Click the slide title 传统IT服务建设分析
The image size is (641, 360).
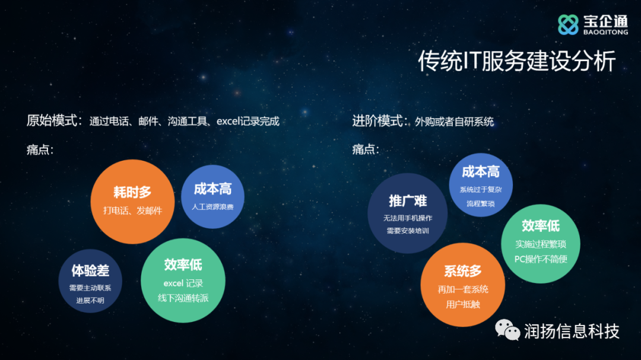tap(517, 61)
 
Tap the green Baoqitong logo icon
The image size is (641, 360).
tap(568, 24)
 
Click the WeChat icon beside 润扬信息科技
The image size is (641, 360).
tap(507, 329)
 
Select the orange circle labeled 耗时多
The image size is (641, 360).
tap(132, 202)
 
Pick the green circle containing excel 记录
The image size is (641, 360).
tap(183, 281)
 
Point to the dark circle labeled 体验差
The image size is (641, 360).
tap(90, 281)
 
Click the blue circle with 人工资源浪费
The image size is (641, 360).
tap(212, 196)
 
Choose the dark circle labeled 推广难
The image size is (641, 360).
tap(408, 214)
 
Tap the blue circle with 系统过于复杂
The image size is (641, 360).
tap(481, 185)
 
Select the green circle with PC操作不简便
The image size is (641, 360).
tap(541, 244)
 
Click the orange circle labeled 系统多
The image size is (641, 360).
tap(463, 285)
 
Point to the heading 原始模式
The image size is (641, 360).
tap(52, 120)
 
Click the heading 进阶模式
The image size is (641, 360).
tap(377, 121)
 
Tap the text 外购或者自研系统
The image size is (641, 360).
tap(454, 122)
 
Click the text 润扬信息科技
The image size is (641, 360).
tap(572, 331)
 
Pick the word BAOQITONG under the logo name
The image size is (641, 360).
tap(605, 32)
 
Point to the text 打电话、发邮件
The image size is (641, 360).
tap(132, 211)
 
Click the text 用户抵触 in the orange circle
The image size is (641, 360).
tap(463, 304)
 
